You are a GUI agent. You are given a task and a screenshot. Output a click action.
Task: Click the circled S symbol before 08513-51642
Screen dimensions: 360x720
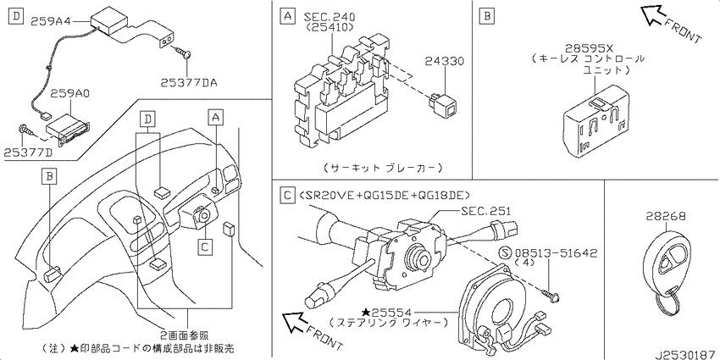(506, 252)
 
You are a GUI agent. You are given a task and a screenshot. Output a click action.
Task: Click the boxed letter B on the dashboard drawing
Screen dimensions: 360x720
(50, 175)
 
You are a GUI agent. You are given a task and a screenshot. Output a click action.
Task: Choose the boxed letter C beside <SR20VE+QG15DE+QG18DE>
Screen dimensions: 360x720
(286, 195)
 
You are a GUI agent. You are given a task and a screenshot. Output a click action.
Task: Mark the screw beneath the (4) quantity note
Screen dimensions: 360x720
(554, 292)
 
